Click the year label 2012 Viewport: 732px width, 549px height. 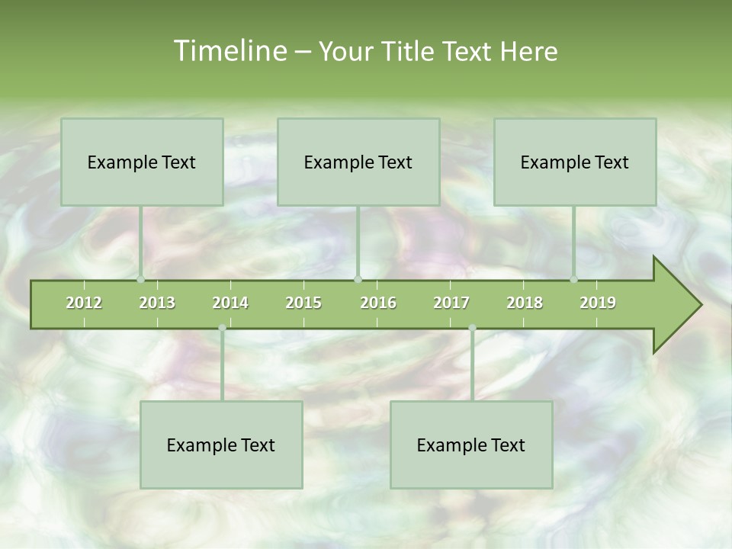point(84,303)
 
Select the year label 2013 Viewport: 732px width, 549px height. point(157,303)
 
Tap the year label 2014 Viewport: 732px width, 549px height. point(230,303)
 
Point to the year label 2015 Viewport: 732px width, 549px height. point(303,303)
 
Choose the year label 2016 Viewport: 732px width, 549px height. point(378,303)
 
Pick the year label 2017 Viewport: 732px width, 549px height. point(451,303)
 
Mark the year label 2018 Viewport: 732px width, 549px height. point(525,303)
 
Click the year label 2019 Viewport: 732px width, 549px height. point(598,303)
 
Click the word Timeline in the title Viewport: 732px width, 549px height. point(229,51)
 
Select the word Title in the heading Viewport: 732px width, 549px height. point(411,51)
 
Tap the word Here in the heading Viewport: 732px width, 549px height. point(528,51)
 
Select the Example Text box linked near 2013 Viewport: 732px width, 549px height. point(142,162)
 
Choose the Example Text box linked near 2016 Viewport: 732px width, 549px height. point(358,162)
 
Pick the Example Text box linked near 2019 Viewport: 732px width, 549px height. point(575,162)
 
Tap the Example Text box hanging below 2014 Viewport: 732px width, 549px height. point(221,445)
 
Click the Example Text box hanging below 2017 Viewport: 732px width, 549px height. point(471,445)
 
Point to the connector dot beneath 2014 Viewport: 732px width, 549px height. point(222,328)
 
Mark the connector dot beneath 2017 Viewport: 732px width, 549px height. point(472,328)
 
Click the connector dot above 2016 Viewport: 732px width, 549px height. point(358,279)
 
